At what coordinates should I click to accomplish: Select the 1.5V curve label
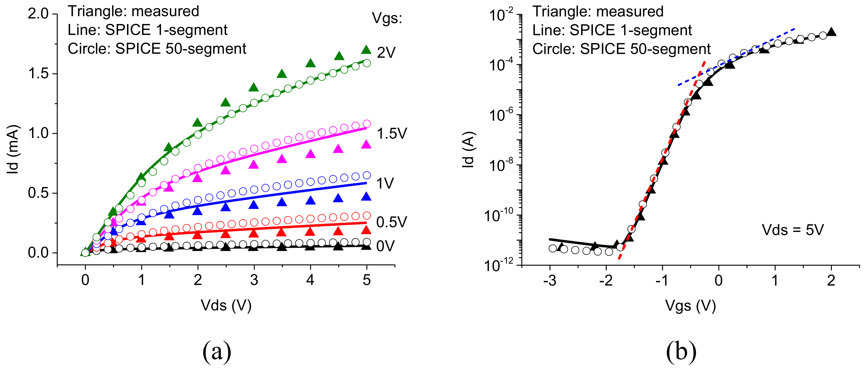392,134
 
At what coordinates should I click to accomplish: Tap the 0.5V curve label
392,222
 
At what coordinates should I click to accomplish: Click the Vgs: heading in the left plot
387,18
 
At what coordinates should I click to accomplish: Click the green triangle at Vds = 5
366,50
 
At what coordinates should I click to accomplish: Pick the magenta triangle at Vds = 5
366,145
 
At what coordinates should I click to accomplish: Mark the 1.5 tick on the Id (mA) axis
39,74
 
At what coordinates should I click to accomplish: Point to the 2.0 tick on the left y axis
39,14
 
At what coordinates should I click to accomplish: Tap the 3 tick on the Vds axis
254,280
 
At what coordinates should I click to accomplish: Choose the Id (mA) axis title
14,149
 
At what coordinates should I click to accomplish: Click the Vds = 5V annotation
793,230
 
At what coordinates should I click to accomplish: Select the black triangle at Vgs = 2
831,32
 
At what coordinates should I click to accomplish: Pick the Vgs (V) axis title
690,305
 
